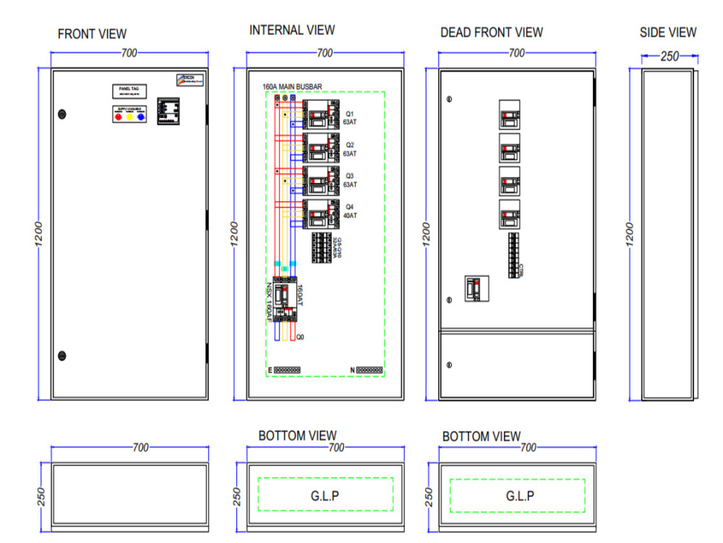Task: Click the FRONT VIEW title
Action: click(92, 34)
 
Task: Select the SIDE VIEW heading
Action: click(668, 33)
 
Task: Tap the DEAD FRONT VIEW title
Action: click(491, 33)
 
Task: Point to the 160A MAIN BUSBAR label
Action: click(292, 86)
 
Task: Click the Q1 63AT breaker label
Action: click(350, 118)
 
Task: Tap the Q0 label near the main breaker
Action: click(301, 336)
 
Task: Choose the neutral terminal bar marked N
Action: click(367, 370)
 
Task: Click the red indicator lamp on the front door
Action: click(119, 116)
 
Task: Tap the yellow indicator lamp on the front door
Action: click(130, 116)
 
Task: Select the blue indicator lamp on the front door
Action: click(141, 116)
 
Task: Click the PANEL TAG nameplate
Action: click(129, 91)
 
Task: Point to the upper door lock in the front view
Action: click(61, 114)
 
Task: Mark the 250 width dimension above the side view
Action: click(669, 56)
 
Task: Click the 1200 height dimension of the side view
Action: click(630, 233)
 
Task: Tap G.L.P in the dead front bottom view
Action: click(520, 496)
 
